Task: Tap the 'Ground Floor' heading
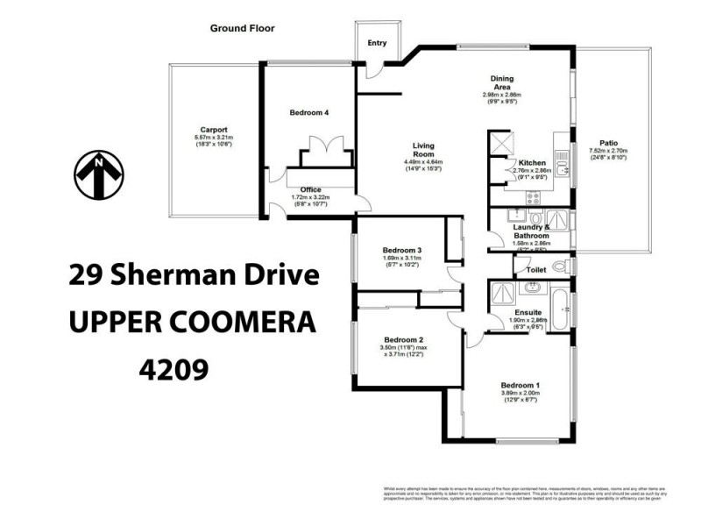(242, 28)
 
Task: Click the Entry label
(377, 42)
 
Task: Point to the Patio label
(608, 142)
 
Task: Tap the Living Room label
(423, 149)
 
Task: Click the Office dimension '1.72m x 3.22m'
(308, 197)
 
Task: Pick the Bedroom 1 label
(520, 385)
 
